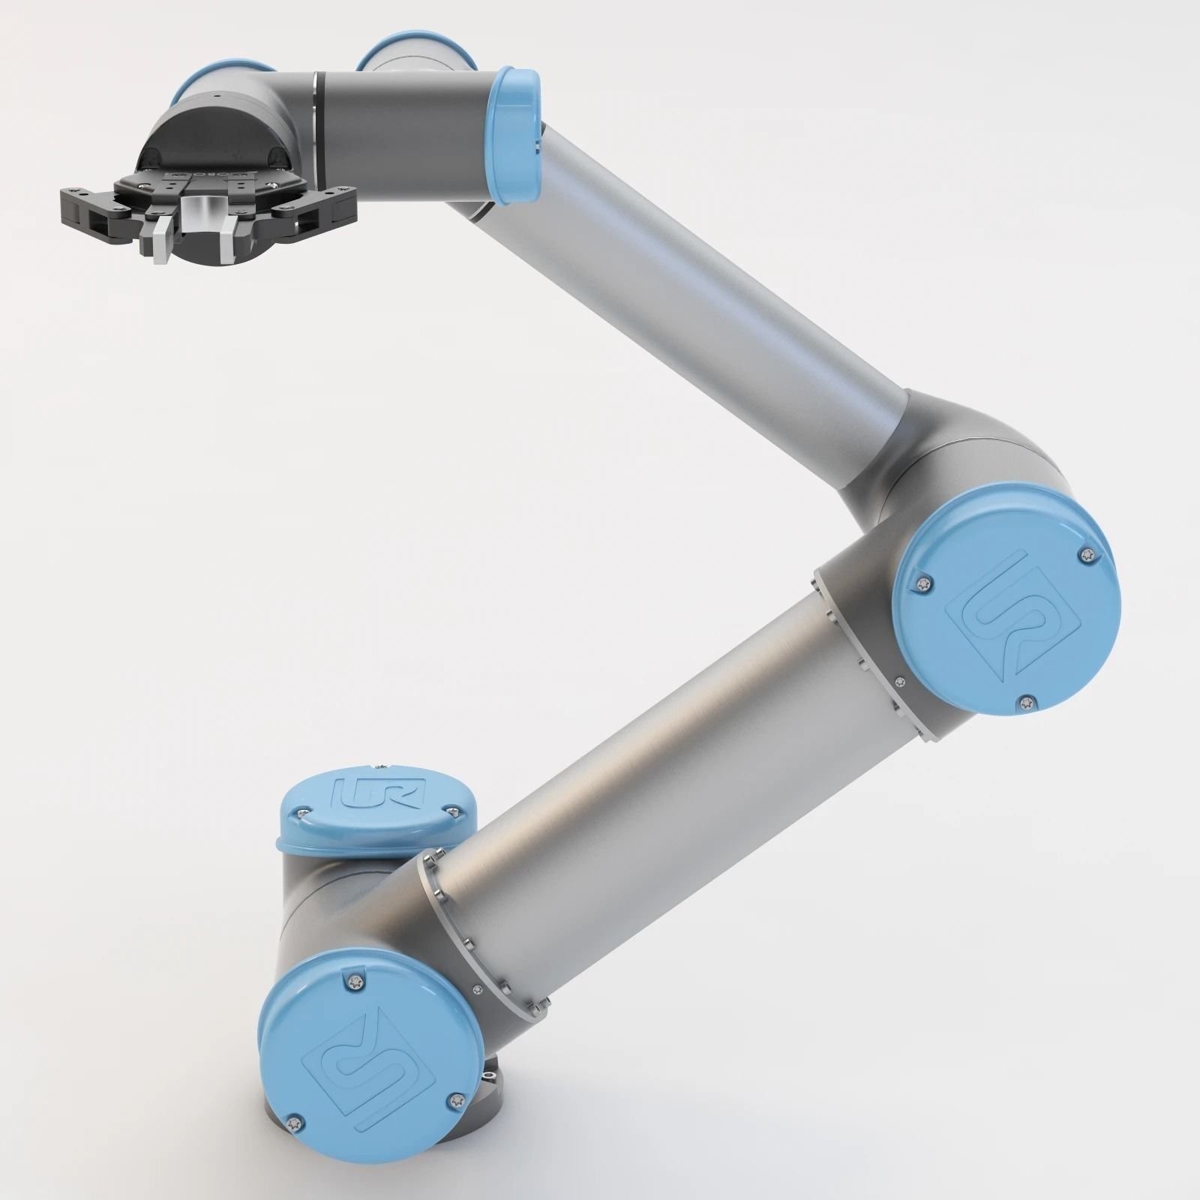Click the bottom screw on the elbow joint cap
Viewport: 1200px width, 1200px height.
pos(1026,703)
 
